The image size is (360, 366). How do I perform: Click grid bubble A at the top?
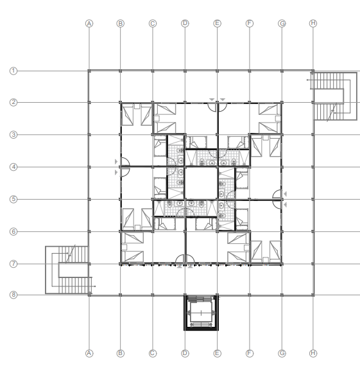(x=89, y=24)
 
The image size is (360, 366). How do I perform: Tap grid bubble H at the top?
(x=313, y=23)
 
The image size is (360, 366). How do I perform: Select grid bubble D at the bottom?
(x=185, y=353)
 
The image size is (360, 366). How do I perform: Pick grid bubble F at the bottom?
(x=250, y=353)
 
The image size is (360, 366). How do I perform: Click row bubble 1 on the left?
(x=13, y=71)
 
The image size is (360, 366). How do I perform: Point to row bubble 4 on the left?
(x=13, y=167)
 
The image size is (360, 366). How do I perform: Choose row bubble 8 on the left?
(x=13, y=295)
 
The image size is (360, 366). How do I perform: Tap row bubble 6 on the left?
(x=13, y=232)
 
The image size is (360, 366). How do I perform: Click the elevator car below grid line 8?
(x=201, y=313)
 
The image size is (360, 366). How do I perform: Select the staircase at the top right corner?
(x=335, y=96)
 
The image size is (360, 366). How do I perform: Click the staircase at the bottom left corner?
(x=69, y=270)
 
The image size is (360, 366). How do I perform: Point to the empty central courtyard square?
(x=201, y=183)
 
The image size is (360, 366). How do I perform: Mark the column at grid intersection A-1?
(x=89, y=71)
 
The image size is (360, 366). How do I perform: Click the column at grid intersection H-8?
(x=313, y=295)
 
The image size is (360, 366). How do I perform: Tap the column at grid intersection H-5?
(x=313, y=199)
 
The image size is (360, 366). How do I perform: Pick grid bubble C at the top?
(x=153, y=24)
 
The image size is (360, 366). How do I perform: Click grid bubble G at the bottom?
(x=282, y=353)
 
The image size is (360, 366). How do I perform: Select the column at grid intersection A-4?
(x=89, y=167)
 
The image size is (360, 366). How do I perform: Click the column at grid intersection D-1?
(x=185, y=71)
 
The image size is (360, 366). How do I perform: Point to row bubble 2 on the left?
(x=13, y=102)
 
